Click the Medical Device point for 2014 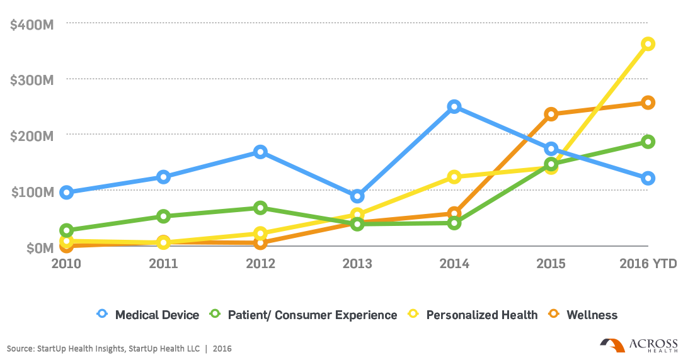click(x=454, y=106)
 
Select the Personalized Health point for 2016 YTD click(x=648, y=44)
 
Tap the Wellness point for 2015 click(x=551, y=115)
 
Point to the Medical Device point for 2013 click(x=357, y=196)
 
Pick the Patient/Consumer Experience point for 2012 click(x=260, y=208)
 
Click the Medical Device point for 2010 click(x=67, y=193)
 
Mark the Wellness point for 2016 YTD click(x=648, y=103)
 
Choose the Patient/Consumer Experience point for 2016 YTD click(x=648, y=142)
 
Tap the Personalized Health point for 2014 click(x=454, y=177)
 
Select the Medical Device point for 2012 click(x=260, y=152)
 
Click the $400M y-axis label click(x=32, y=25)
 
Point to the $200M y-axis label click(x=32, y=136)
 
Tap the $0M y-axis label click(x=40, y=248)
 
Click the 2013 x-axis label click(x=357, y=264)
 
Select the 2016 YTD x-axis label click(x=648, y=264)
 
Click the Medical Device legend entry click(x=148, y=315)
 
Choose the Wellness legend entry click(x=583, y=315)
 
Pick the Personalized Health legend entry click(x=473, y=315)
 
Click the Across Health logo click(x=638, y=345)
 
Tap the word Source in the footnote click(x=20, y=349)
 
